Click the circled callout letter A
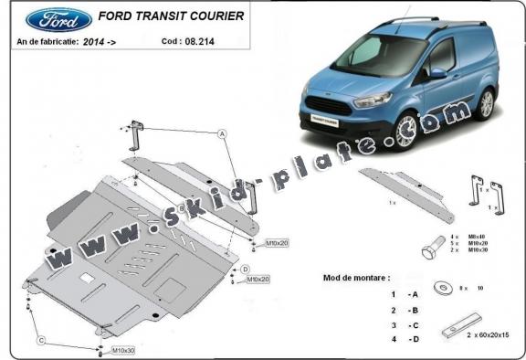(x=222, y=133)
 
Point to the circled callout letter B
(x=182, y=209)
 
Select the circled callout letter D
(x=246, y=268)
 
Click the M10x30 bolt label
(x=123, y=351)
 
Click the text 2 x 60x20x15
(x=489, y=335)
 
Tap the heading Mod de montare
(x=356, y=276)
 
